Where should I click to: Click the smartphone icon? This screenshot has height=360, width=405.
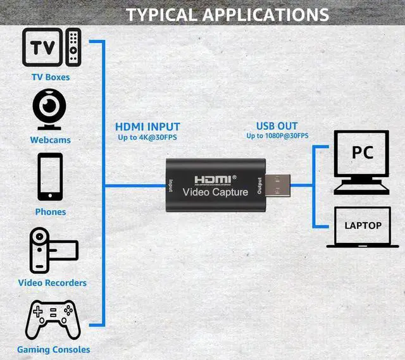[x=51, y=177]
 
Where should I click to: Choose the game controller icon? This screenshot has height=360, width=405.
[x=53, y=320]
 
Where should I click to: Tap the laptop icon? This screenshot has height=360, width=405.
[x=363, y=227]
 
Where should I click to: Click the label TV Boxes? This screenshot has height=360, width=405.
[x=51, y=77]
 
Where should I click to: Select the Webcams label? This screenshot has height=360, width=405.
[x=51, y=140]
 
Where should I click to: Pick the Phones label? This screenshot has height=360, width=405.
[x=51, y=212]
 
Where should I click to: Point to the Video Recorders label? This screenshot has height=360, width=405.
[x=53, y=283]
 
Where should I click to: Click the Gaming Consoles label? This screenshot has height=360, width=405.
[x=54, y=349]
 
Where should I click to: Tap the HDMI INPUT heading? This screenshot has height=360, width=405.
[x=147, y=127]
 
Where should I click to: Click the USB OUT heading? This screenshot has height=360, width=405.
[x=277, y=126]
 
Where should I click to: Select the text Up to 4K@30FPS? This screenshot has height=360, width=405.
[x=147, y=137]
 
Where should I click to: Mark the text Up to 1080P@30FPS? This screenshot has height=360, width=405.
[x=277, y=135]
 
